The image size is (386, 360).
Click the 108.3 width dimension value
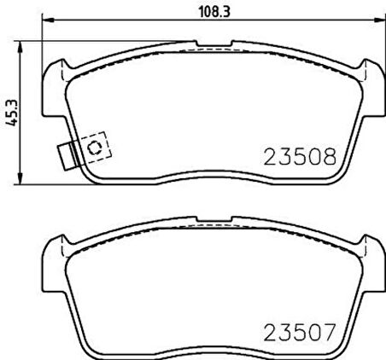click(x=213, y=11)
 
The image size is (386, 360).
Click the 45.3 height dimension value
click(x=12, y=113)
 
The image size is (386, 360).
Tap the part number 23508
click(x=300, y=157)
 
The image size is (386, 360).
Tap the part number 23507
click(x=299, y=333)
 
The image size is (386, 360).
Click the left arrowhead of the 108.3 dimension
click(x=48, y=20)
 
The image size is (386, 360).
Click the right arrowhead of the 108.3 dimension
click(x=378, y=20)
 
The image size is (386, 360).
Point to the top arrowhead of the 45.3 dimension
click(x=20, y=47)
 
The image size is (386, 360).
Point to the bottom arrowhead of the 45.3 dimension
click(x=20, y=178)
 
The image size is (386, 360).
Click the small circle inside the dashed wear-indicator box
click(x=94, y=147)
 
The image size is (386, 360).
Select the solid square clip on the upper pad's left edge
click(x=67, y=156)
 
